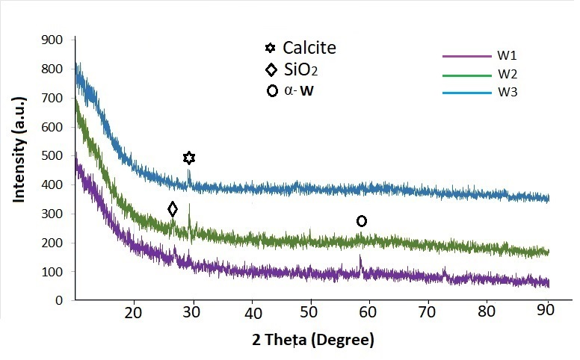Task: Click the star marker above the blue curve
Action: pos(189,158)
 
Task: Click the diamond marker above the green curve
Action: pos(173,209)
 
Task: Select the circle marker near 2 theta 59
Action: pos(362,221)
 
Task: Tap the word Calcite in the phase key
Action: pos(309,48)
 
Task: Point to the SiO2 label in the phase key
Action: pos(300,69)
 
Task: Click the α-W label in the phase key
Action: pos(299,90)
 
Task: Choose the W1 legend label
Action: pos(507,55)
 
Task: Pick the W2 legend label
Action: pos(507,74)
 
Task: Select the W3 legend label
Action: pos(507,92)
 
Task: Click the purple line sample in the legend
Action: pos(467,56)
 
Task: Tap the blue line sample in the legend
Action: pos(467,93)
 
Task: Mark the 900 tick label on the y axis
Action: pos(52,40)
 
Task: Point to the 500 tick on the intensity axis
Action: pos(52,155)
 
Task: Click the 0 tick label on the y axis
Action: pos(59,300)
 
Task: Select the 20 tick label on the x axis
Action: pos(133,313)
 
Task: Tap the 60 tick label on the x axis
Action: pos(368,313)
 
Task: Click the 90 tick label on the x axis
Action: pos(545,310)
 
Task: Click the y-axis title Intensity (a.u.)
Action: pos(19,149)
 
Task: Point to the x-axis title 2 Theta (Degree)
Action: pos(313,339)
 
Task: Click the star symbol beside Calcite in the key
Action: pos(271,48)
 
